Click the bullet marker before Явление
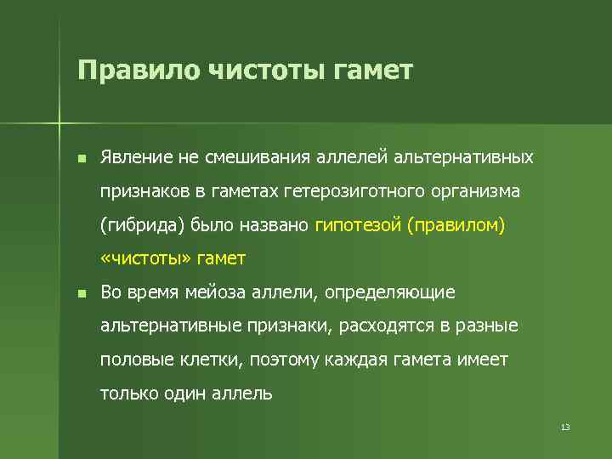81,159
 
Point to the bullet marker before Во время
81,293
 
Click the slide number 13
564,427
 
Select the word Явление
137,158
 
